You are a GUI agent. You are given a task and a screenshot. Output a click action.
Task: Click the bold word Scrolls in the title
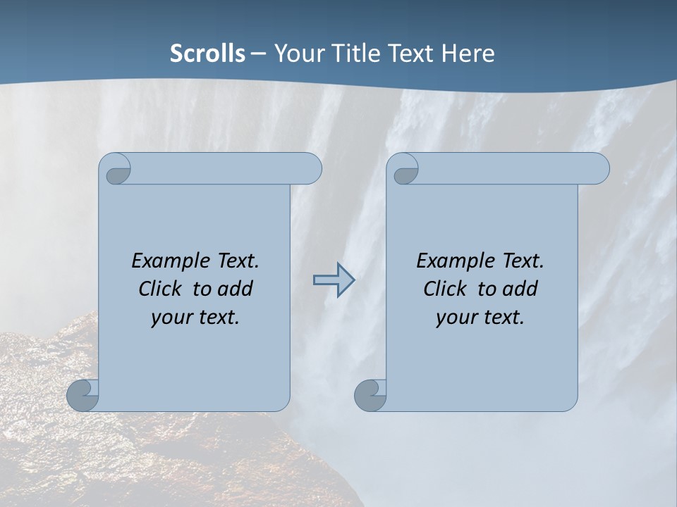pos(208,54)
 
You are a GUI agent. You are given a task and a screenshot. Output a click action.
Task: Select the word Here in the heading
pos(468,54)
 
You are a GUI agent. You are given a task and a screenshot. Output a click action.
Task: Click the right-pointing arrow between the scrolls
pos(334,280)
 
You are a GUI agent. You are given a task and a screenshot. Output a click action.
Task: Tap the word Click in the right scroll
pos(444,289)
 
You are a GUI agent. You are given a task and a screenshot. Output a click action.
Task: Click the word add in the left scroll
pos(236,289)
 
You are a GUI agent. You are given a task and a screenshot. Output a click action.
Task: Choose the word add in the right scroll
pos(520,289)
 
